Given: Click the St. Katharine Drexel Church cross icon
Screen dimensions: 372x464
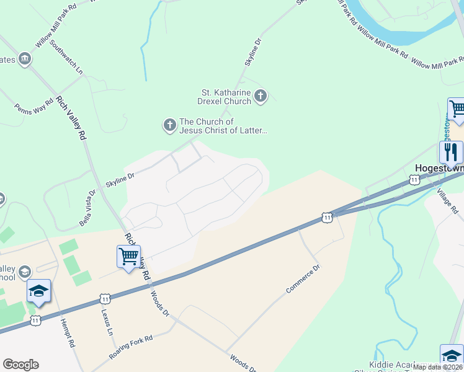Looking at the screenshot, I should tap(261, 95).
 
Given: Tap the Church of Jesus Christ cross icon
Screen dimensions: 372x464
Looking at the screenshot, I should tap(169, 126).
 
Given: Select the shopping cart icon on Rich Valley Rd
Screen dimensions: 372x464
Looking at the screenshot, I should tap(128, 257).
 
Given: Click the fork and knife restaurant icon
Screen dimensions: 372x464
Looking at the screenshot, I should tap(451, 152).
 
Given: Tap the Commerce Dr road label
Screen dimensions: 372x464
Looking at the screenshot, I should tap(303, 280).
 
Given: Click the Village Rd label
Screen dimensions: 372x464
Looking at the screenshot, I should tap(449, 201).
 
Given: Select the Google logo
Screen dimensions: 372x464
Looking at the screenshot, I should tap(20, 365).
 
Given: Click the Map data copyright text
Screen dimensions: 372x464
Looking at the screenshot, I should tap(437, 367).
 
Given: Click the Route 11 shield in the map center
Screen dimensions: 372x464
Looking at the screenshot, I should tap(327, 217).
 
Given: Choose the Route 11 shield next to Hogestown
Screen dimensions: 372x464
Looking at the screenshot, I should tap(414, 180).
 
